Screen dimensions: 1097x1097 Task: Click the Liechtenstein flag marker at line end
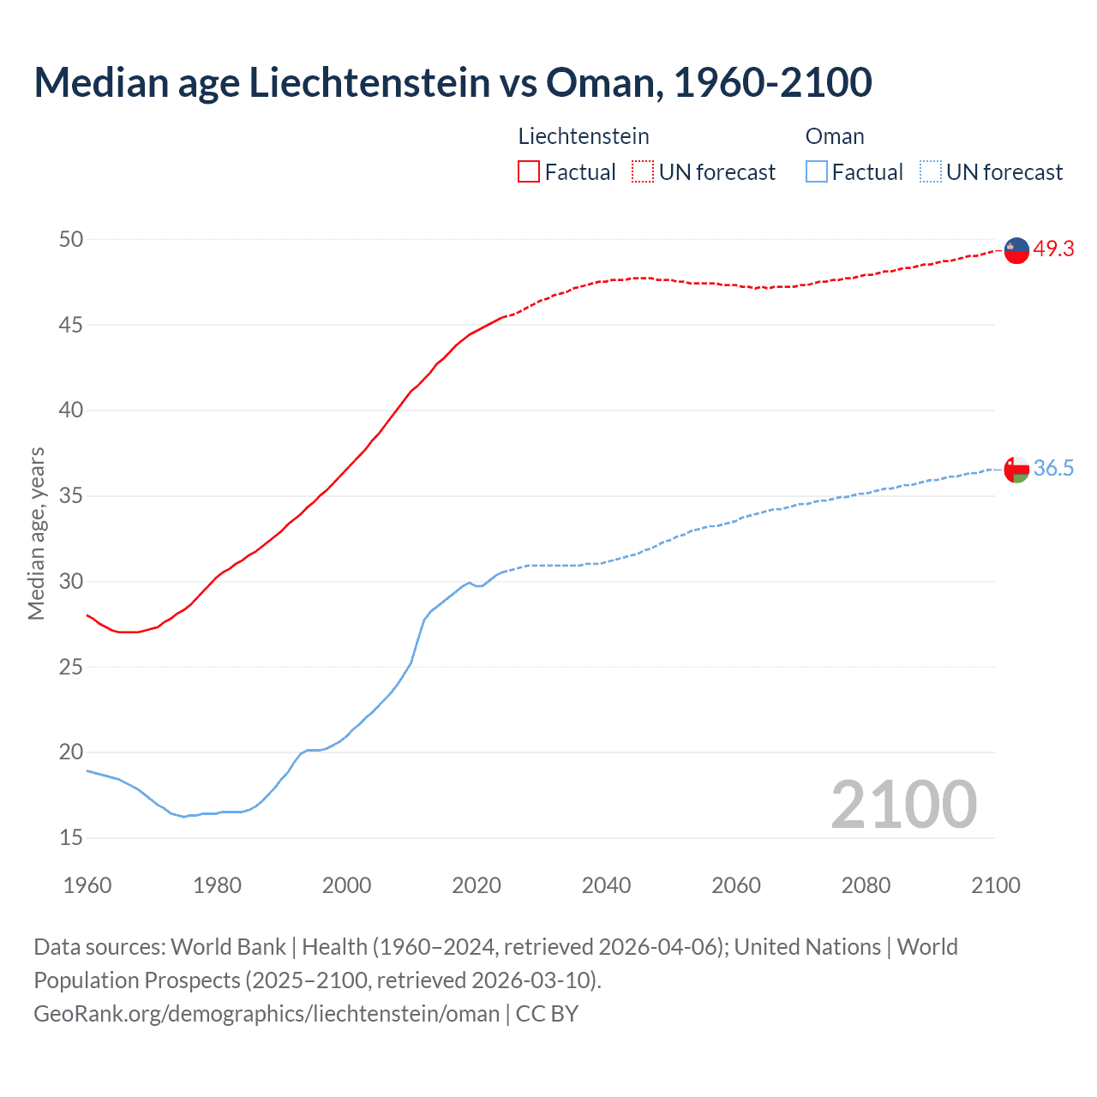click(1016, 250)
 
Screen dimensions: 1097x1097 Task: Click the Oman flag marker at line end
click(1016, 470)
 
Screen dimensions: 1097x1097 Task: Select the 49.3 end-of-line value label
click(1053, 249)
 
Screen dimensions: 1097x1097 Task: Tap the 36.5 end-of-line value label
click(1053, 468)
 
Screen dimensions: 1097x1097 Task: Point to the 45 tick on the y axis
click(71, 325)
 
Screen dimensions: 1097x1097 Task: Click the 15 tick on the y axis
click(71, 837)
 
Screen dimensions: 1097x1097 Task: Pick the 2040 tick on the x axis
click(606, 885)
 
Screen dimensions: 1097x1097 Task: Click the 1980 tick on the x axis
click(217, 885)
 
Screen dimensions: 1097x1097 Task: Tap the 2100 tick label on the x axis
click(995, 885)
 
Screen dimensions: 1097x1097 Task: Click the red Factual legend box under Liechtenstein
click(529, 172)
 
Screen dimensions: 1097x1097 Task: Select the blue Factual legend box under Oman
click(817, 172)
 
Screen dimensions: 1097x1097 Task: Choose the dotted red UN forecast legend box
click(643, 172)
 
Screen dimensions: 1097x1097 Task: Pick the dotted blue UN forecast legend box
click(931, 172)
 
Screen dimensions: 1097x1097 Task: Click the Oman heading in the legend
click(835, 136)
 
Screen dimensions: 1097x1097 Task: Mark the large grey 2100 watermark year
click(903, 804)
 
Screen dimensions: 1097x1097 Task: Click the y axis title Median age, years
click(36, 533)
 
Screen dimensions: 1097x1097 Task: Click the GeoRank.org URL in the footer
click(266, 1014)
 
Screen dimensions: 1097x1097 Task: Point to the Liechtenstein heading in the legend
click(584, 136)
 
